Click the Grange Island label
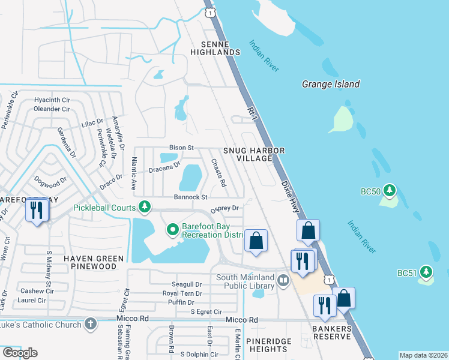click(331, 85)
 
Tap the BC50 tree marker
click(390, 191)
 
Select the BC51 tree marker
click(426, 272)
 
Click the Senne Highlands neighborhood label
click(215, 49)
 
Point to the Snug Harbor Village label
click(253, 154)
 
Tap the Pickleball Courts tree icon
click(144, 207)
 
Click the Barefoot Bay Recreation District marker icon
click(172, 229)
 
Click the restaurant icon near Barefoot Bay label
click(37, 210)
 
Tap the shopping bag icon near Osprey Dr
click(256, 241)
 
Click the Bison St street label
click(181, 147)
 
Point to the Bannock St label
click(190, 197)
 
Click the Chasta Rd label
click(218, 172)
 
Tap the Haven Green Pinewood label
click(94, 262)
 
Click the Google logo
click(19, 353)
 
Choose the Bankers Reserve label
click(331, 332)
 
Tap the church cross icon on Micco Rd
click(90, 325)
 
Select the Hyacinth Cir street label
click(52, 100)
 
